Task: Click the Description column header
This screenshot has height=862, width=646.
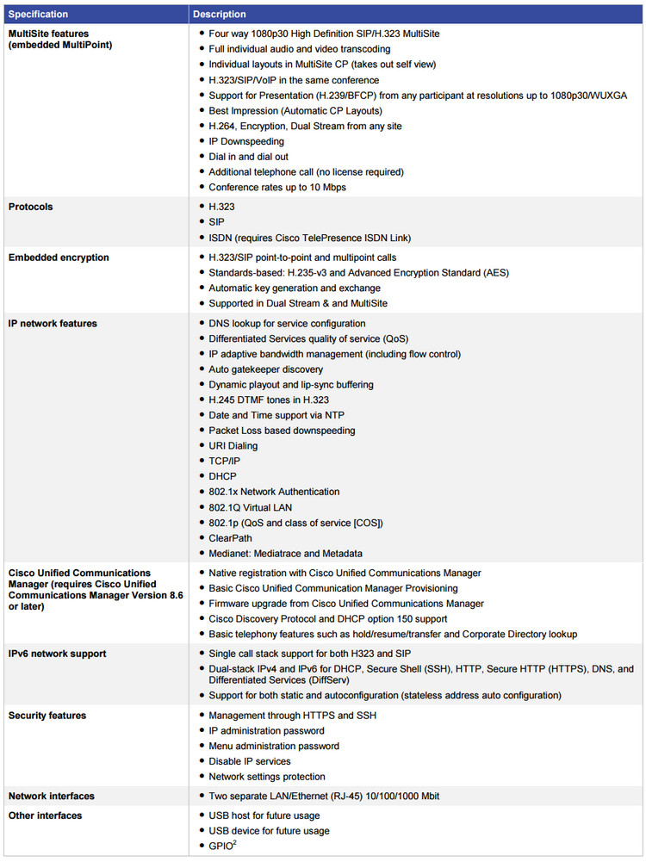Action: pos(219,15)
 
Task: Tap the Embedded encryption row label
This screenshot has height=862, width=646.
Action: pos(59,257)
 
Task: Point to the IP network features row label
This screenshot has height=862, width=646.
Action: pos(53,324)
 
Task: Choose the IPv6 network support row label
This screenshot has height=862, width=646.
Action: pos(57,654)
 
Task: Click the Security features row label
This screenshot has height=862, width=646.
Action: pos(47,716)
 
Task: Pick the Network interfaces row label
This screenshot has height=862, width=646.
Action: pos(51,797)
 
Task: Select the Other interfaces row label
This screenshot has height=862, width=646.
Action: pos(46,815)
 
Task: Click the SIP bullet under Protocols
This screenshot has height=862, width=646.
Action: pos(216,222)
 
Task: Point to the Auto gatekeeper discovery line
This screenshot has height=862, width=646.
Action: pos(266,369)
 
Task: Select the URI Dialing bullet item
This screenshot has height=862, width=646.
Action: pos(233,446)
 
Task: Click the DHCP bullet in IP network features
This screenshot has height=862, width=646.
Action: pos(222,476)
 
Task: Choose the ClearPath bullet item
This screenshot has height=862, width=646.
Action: pos(230,538)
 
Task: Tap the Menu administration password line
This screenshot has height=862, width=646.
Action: pos(274,746)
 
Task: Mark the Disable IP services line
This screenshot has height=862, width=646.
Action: pos(250,761)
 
